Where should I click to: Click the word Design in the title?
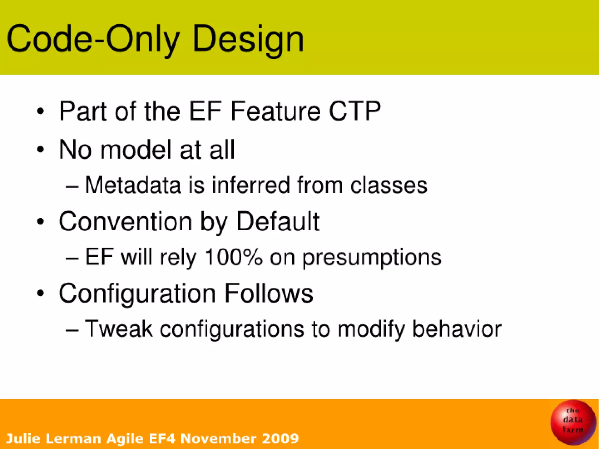click(x=248, y=39)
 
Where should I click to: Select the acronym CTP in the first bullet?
click(x=354, y=111)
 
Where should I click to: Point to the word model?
click(x=135, y=150)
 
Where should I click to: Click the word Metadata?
click(x=133, y=185)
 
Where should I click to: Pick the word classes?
click(x=389, y=185)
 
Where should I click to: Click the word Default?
click(x=278, y=222)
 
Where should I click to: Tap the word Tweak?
click(x=119, y=329)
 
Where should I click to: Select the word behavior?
click(x=457, y=329)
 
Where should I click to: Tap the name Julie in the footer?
click(x=23, y=438)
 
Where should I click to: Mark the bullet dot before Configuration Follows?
click(x=41, y=293)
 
